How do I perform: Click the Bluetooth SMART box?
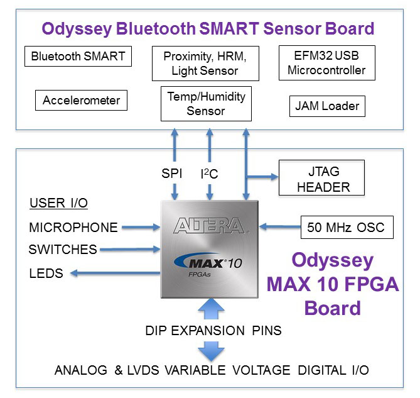click(78, 57)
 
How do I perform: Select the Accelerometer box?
click(81, 100)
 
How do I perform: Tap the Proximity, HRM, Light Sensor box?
click(205, 63)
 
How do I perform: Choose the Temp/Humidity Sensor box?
click(205, 104)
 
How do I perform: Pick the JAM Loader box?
click(327, 106)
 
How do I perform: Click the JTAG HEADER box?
click(321, 179)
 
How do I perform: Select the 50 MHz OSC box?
click(347, 226)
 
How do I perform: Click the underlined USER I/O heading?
click(58, 203)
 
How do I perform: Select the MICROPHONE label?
click(73, 227)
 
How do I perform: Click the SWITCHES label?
click(63, 250)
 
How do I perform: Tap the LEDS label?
click(46, 274)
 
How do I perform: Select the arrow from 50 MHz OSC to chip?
click(280, 226)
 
